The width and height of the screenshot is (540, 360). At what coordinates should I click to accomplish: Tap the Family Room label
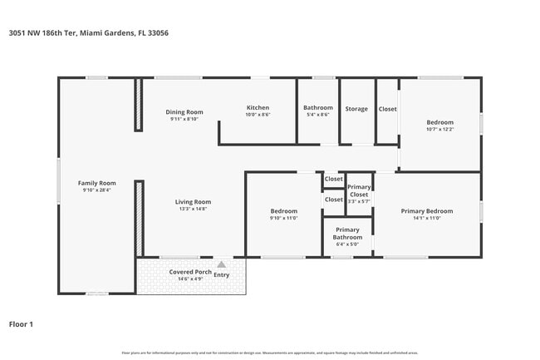click(x=96, y=183)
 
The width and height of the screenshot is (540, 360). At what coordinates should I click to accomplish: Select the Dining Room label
click(x=184, y=112)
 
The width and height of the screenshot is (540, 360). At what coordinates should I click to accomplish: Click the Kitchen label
click(x=258, y=108)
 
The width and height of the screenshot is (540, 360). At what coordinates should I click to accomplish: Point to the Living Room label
click(x=193, y=202)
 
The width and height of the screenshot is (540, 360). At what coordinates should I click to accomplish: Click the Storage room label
click(x=356, y=109)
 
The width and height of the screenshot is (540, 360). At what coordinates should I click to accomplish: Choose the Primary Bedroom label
click(x=426, y=211)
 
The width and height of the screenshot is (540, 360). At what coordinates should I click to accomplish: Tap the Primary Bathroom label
click(x=347, y=233)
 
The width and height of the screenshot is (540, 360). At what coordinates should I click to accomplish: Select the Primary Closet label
click(x=359, y=190)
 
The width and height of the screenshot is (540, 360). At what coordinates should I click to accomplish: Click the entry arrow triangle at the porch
click(x=221, y=264)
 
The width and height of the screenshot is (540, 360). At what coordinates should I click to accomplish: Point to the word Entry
click(x=222, y=274)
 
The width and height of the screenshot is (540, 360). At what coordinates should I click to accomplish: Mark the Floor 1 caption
click(x=22, y=323)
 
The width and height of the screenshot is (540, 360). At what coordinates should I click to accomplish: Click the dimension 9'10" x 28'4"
click(x=96, y=190)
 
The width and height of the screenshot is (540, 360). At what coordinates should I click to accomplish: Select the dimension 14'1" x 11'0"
click(x=426, y=219)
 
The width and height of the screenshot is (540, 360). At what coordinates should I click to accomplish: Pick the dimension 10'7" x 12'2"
click(x=439, y=128)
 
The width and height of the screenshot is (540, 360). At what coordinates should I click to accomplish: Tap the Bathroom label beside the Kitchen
click(x=317, y=108)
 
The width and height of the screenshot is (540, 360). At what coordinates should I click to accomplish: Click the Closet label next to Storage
click(x=387, y=109)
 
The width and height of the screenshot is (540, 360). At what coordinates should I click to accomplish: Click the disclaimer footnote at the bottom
click(x=270, y=353)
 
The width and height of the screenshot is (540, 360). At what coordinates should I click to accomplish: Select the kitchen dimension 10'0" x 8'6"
click(x=258, y=116)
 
